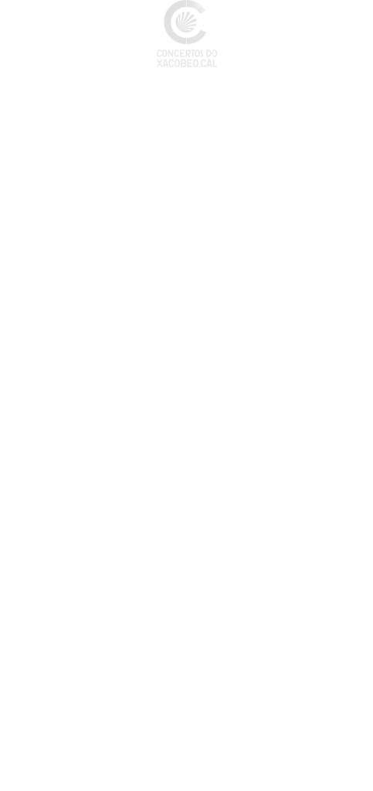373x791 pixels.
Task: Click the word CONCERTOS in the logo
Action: pyautogui.click(x=179, y=53)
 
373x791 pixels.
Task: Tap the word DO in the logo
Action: pyautogui.click(x=211, y=53)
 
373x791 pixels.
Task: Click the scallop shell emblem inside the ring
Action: pyautogui.click(x=185, y=22)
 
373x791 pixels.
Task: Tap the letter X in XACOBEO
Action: pyautogui.click(x=160, y=63)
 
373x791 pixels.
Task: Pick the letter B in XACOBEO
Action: pyautogui.click(x=181, y=63)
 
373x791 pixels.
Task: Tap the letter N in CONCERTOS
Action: pyautogui.click(x=171, y=53)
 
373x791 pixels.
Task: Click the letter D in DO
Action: pyautogui.click(x=209, y=53)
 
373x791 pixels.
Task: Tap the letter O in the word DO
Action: pyautogui.click(x=214, y=53)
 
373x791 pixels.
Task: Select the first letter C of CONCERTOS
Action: pyautogui.click(x=159, y=53)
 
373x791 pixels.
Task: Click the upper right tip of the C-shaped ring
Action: pyautogui.click(x=205, y=11)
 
